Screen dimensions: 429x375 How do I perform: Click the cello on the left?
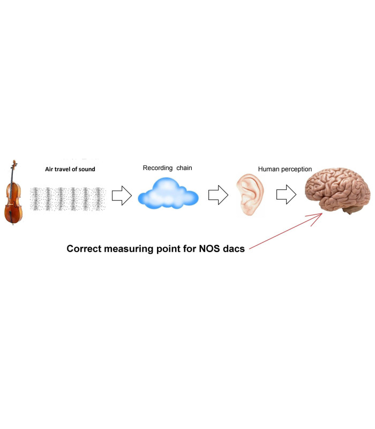tap(15, 196)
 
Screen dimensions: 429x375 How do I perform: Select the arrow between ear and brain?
tap(286, 196)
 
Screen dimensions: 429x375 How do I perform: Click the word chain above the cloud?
tap(183, 168)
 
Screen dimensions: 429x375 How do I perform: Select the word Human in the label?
tap(268, 169)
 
